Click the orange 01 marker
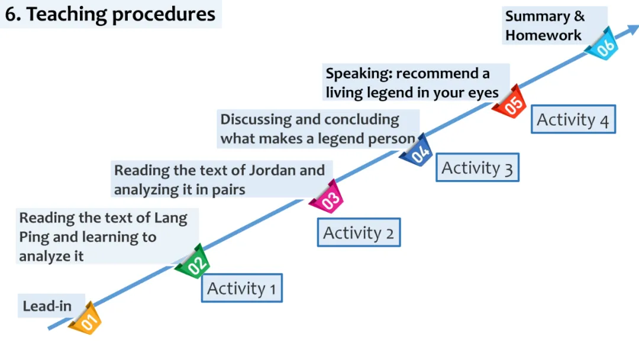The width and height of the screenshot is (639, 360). pos(86,319)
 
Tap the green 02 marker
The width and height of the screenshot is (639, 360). pos(193,263)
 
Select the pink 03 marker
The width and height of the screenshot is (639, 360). pos(327,198)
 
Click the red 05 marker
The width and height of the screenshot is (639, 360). pos(511,102)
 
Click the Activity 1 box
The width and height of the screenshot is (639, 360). pos(241,288)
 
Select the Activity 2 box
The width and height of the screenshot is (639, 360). pos(359,233)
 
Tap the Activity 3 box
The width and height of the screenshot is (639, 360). pos(477,168)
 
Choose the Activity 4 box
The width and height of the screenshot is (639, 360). pos(573,120)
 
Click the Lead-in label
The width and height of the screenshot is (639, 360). pos(47,306)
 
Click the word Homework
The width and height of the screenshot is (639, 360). pos(543,35)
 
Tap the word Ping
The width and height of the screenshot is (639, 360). pos(34,237)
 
